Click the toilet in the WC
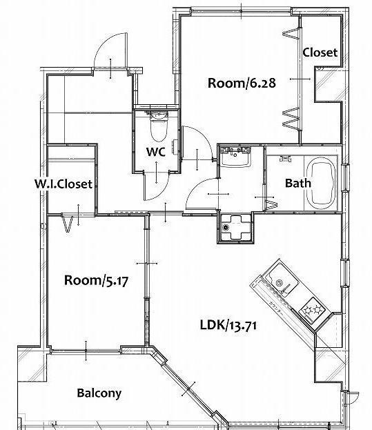pyautogui.click(x=159, y=126)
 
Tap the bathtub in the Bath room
pyautogui.click(x=321, y=183)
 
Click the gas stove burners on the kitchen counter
pyautogui.click(x=312, y=311)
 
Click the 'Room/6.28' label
pyautogui.click(x=242, y=83)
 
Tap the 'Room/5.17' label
pyautogui.click(x=96, y=280)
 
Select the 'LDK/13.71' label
pyautogui.click(x=228, y=325)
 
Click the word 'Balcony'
pyautogui.click(x=99, y=393)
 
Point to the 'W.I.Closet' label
pyautogui.click(x=63, y=184)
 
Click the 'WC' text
pyautogui.click(x=156, y=152)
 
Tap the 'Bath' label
pyautogui.click(x=298, y=183)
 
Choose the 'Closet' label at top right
pyautogui.click(x=320, y=52)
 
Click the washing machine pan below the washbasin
pyautogui.click(x=235, y=227)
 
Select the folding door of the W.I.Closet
pyautogui.click(x=67, y=223)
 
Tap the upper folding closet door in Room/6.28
pyautogui.click(x=291, y=33)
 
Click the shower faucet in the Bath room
pyautogui.click(x=285, y=158)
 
